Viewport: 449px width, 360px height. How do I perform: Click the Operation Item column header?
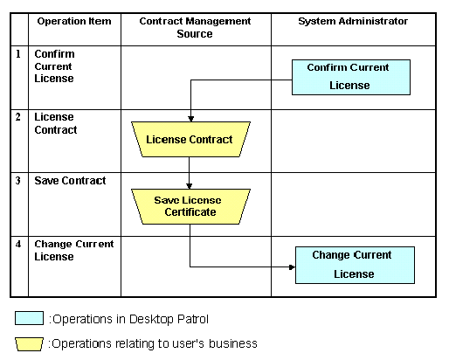pyautogui.click(x=74, y=21)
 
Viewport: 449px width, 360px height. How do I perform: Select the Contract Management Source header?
pyautogui.click(x=195, y=27)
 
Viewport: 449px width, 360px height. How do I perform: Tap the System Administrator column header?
pyautogui.click(x=353, y=21)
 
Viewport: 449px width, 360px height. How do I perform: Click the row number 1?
pyautogui.click(x=18, y=54)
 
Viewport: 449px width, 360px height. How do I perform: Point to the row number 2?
pyautogui.click(x=18, y=117)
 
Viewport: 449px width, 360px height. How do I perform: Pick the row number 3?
pyautogui.click(x=18, y=181)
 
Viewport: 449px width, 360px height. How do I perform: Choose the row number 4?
pyautogui.click(x=18, y=244)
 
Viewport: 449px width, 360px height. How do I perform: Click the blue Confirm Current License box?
pyautogui.click(x=351, y=78)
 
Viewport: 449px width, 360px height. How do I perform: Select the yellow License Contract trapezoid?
pyautogui.click(x=190, y=140)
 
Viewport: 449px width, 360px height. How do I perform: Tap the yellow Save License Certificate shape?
pyautogui.click(x=190, y=207)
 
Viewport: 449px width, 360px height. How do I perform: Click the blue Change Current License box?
pyautogui.click(x=355, y=266)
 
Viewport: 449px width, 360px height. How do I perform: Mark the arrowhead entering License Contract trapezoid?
pyautogui.click(x=190, y=119)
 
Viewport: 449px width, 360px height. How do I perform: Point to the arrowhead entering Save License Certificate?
pyautogui.click(x=189, y=186)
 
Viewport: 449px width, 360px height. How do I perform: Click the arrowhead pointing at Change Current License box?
pyautogui.click(x=292, y=267)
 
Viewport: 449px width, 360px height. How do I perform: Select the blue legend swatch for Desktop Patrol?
pyautogui.click(x=29, y=318)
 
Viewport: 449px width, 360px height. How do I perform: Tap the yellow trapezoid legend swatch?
pyautogui.click(x=29, y=344)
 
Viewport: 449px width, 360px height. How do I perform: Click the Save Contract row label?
pyautogui.click(x=70, y=181)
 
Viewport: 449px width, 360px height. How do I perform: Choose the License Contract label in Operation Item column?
pyautogui.click(x=56, y=123)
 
